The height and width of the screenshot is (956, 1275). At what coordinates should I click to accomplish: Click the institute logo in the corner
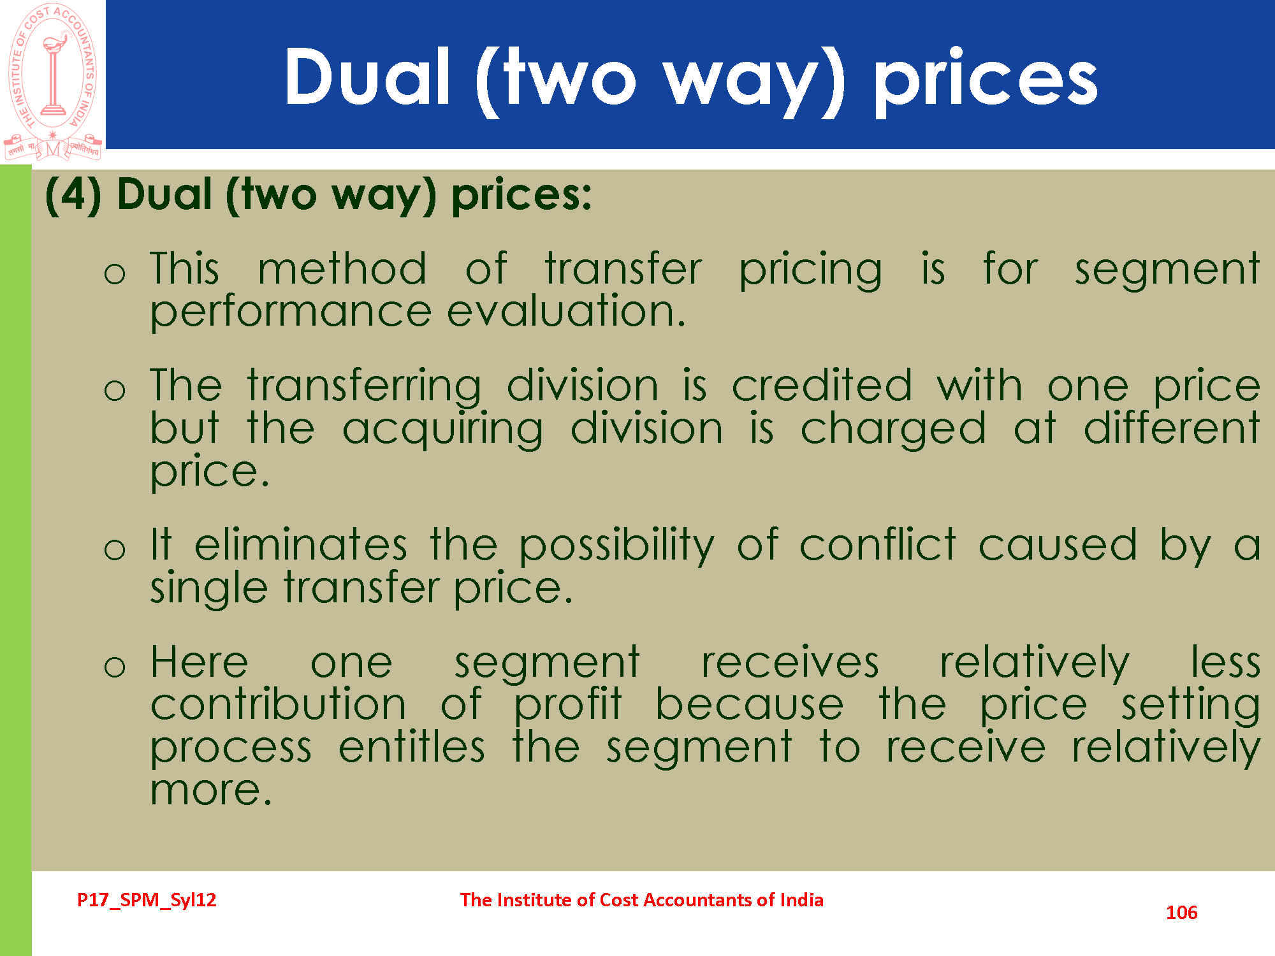(53, 82)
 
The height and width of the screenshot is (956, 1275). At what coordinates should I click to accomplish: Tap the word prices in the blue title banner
(986, 82)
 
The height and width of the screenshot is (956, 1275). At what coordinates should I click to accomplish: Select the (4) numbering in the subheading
(73, 194)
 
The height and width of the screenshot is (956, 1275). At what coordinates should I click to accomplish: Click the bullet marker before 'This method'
(115, 273)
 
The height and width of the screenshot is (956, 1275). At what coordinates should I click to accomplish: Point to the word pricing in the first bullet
(810, 270)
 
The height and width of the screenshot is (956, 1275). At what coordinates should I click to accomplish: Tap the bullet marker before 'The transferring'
(115, 389)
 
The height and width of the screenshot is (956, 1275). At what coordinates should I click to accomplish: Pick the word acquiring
(442, 430)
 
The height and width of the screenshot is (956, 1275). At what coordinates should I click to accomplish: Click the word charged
(893, 430)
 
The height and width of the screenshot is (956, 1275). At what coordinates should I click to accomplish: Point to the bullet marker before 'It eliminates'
(115, 549)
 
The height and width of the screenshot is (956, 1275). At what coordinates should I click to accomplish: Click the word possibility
(616, 546)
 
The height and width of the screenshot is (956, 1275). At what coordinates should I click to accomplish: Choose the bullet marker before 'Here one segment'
(115, 666)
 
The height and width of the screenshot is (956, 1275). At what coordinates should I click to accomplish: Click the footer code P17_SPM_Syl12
(147, 900)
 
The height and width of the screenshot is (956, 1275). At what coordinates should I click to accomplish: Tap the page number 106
(1181, 913)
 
